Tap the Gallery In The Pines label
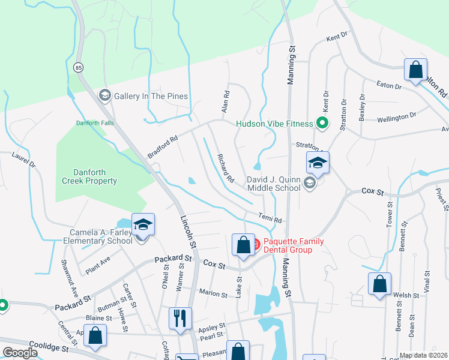[x=151, y=96]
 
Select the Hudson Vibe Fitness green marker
[x=322, y=124]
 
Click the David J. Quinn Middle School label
[x=274, y=184]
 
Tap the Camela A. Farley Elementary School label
[x=99, y=236]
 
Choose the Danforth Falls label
[x=95, y=124]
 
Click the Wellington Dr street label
[x=396, y=116]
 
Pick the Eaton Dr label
[x=388, y=86]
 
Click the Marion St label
[x=213, y=295]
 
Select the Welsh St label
[x=406, y=295]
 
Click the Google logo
[x=20, y=353]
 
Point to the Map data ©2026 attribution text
[x=424, y=355]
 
